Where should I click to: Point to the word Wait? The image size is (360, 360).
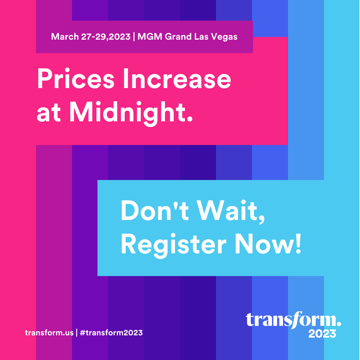(x=230, y=211)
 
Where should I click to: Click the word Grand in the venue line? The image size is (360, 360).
(x=178, y=37)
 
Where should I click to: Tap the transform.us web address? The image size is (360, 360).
(x=49, y=333)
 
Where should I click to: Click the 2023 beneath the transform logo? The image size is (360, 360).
(x=322, y=334)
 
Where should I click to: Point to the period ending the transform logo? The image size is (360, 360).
(x=339, y=323)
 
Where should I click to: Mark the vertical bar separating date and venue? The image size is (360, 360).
(x=134, y=37)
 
